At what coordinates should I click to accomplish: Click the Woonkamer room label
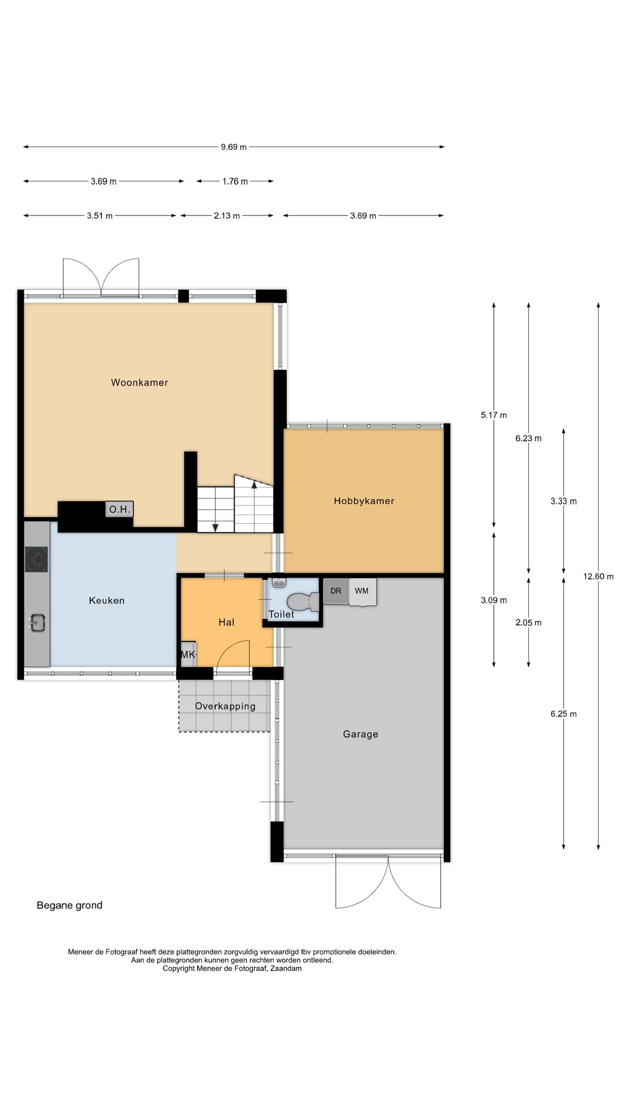140,383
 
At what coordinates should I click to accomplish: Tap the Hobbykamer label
364,501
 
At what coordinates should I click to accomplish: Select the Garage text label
360,734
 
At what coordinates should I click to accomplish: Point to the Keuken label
107,601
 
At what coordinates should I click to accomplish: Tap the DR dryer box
336,591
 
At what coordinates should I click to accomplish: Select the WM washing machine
363,592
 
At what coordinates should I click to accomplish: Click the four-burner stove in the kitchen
37,559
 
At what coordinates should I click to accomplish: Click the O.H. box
119,510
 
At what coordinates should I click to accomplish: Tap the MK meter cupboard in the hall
188,654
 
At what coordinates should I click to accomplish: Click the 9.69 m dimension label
233,147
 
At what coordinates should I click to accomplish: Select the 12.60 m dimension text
598,577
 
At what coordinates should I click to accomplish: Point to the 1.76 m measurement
235,181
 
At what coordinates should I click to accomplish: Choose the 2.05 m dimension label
528,623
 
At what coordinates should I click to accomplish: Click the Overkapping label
225,706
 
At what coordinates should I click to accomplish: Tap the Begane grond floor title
69,906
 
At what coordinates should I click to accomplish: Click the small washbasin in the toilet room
279,583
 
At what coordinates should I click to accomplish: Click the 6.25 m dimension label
563,714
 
